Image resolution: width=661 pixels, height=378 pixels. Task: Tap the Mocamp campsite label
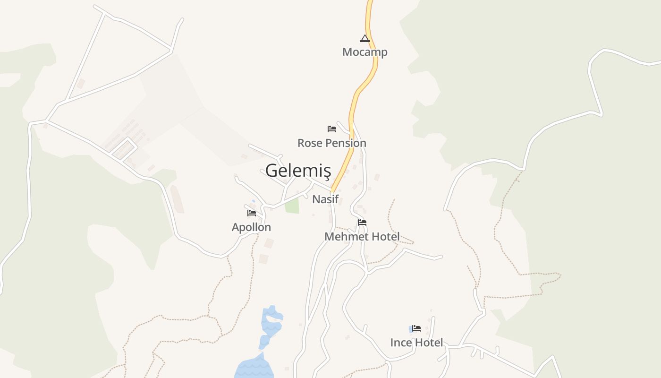click(x=364, y=52)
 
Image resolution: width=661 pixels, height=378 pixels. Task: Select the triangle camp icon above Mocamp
click(x=364, y=38)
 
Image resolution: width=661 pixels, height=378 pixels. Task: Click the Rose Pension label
click(x=331, y=143)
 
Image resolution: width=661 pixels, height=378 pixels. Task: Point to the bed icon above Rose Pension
click(x=332, y=129)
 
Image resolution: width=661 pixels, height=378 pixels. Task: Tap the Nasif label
click(x=325, y=199)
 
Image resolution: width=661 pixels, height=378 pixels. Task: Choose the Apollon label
click(x=251, y=227)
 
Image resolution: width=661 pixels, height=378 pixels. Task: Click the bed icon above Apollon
click(x=252, y=213)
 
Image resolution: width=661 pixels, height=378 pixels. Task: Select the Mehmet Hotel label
click(x=362, y=236)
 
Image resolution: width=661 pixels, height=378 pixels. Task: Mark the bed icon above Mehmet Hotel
click(x=362, y=222)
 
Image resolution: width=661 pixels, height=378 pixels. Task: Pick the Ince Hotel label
click(x=416, y=343)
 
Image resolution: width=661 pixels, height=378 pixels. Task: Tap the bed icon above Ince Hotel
click(x=416, y=328)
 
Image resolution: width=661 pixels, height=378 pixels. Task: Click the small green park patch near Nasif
click(x=292, y=206)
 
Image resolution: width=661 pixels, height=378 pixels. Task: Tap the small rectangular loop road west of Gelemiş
click(x=124, y=148)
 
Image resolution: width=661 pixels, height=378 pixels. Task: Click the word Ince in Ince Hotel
click(x=400, y=343)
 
